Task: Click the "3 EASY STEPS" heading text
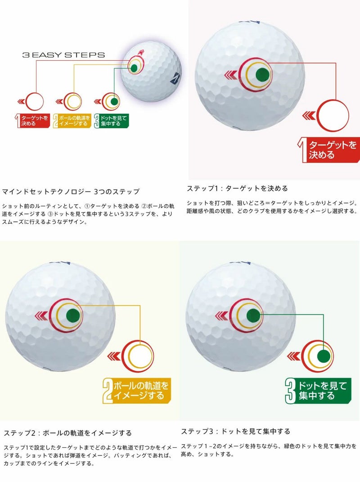pyautogui.click(x=63, y=55)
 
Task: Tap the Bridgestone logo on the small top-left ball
pyautogui.click(x=173, y=79)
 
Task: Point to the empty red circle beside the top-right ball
pyautogui.click(x=333, y=115)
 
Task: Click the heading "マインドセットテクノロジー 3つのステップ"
pyautogui.click(x=71, y=191)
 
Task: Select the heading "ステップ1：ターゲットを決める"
pyautogui.click(x=237, y=188)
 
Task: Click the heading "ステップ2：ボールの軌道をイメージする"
pyautogui.click(x=67, y=433)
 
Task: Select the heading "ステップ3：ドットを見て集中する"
pyautogui.click(x=236, y=431)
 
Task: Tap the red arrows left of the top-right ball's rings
pyautogui.click(x=231, y=75)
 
